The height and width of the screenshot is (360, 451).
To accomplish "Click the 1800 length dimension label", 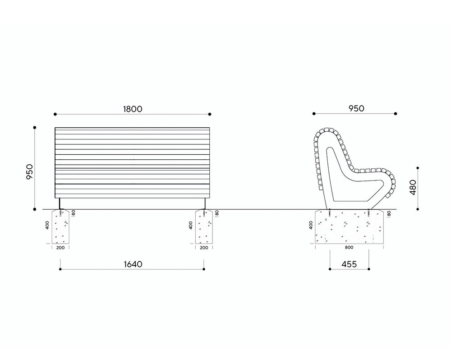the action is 133,109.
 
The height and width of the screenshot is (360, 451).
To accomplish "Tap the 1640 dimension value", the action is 133,264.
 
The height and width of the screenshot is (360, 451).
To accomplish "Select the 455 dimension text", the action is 349,264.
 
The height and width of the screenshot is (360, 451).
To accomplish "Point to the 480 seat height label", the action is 413,187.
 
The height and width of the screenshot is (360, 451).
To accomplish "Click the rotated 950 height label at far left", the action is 30,172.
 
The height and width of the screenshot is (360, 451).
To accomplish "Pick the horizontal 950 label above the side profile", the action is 356,108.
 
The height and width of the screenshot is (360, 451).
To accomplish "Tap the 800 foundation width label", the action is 349,248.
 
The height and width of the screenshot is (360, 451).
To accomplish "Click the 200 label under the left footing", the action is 60,248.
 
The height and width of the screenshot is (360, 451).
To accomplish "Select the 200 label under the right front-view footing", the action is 204,248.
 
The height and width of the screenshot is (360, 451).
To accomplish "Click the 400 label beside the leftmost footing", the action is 47,225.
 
